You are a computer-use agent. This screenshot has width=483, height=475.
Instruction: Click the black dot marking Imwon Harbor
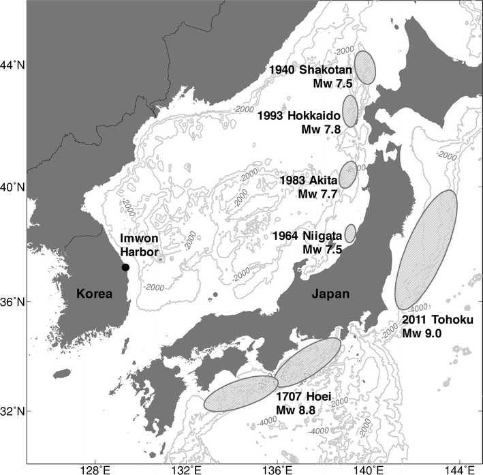(125, 267)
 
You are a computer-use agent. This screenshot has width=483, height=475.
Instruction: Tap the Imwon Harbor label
(139, 244)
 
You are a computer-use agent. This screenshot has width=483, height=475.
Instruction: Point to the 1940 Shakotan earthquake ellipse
(366, 67)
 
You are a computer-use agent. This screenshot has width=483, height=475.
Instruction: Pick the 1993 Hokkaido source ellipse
(351, 111)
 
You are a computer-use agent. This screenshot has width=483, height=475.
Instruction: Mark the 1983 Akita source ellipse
(348, 175)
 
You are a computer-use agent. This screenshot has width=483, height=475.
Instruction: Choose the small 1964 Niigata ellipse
(350, 233)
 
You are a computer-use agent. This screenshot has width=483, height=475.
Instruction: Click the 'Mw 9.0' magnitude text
(422, 333)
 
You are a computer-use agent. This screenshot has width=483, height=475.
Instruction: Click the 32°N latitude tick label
(14, 412)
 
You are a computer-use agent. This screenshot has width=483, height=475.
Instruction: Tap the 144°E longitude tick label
(465, 469)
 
